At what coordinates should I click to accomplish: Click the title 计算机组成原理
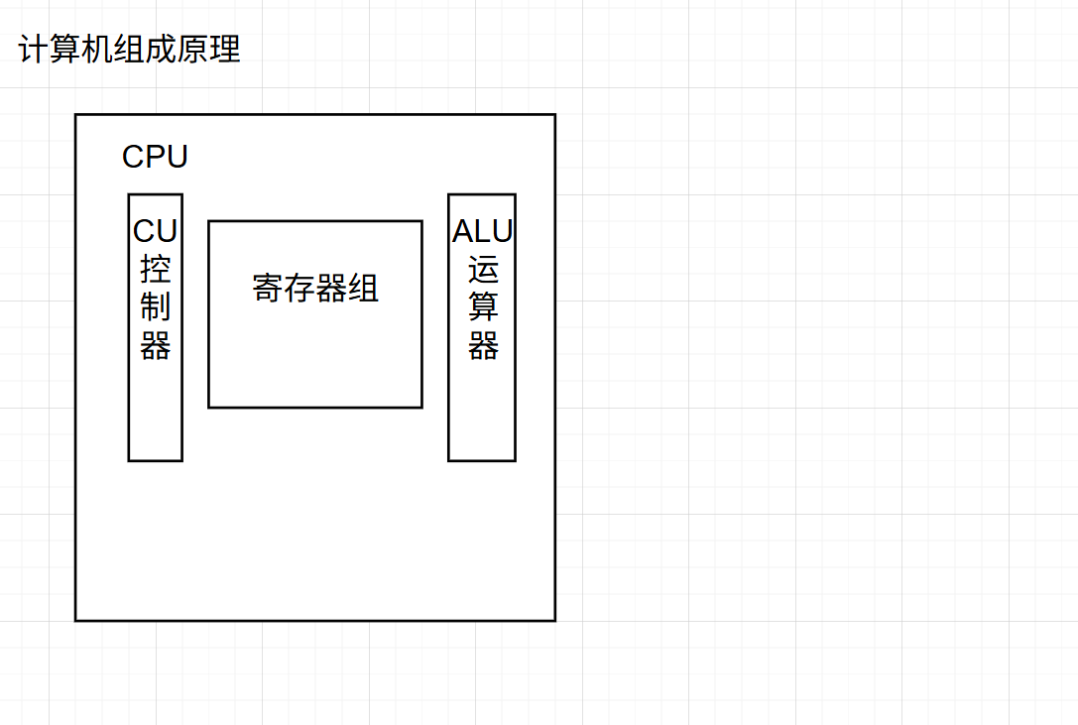tap(130, 50)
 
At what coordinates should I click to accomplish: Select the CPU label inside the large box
tap(155, 157)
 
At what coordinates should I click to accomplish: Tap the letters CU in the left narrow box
tap(156, 231)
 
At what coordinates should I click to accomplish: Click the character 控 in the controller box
tap(156, 270)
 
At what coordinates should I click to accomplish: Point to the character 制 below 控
tap(156, 307)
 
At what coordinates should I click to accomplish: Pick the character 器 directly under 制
tap(156, 346)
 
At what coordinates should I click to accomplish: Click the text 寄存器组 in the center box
tap(315, 289)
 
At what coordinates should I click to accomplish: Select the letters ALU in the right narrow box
tap(483, 231)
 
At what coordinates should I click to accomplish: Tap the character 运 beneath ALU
tap(483, 270)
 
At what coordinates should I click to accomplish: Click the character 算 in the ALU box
tap(483, 307)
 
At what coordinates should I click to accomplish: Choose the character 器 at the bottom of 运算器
tap(483, 346)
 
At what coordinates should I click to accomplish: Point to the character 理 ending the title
tap(225, 50)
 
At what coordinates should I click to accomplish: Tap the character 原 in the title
tap(193, 50)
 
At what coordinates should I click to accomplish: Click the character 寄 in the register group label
tap(268, 289)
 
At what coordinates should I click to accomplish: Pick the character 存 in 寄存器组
tap(299, 289)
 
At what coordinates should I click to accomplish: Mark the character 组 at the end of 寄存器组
tap(363, 289)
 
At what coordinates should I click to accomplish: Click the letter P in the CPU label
tap(156, 157)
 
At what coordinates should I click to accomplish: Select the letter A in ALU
tap(463, 231)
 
